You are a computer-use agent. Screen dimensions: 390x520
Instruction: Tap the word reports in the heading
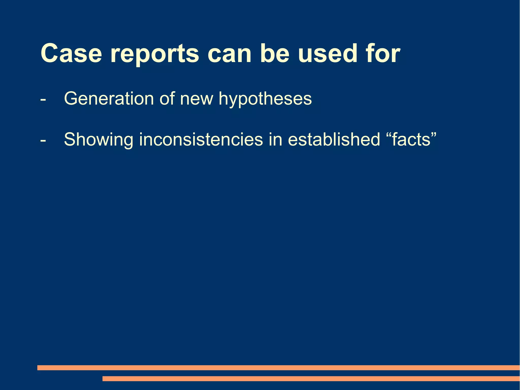tap(155, 55)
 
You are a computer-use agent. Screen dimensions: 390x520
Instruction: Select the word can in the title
tap(230, 54)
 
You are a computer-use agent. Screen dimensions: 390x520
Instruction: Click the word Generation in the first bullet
tap(109, 98)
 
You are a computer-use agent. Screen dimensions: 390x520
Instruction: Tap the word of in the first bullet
tap(167, 98)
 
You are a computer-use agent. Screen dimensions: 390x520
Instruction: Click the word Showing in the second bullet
tap(99, 140)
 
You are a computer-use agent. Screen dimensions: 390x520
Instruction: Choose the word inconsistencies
tap(201, 139)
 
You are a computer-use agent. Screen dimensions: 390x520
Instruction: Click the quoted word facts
tap(411, 139)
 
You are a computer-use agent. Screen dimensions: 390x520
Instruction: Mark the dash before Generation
tap(43, 99)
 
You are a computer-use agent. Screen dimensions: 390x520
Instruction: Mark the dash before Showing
tap(43, 140)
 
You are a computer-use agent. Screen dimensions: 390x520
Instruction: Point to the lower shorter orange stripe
tap(311, 379)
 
